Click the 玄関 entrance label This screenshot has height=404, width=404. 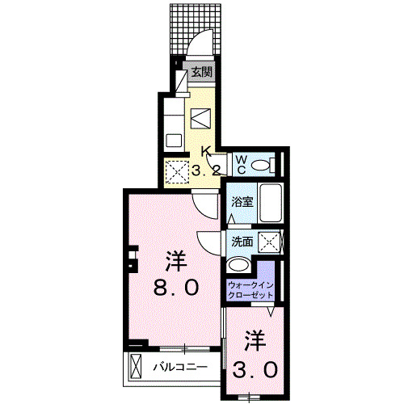tap(201, 73)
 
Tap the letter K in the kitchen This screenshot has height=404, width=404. tap(205, 151)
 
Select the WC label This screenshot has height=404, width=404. tap(241, 164)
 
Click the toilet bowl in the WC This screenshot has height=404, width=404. tap(259, 165)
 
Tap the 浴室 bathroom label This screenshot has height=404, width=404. tap(241, 202)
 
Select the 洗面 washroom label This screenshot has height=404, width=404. tap(242, 241)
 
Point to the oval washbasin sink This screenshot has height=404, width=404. tap(239, 265)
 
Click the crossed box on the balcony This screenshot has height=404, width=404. tap(136, 366)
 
